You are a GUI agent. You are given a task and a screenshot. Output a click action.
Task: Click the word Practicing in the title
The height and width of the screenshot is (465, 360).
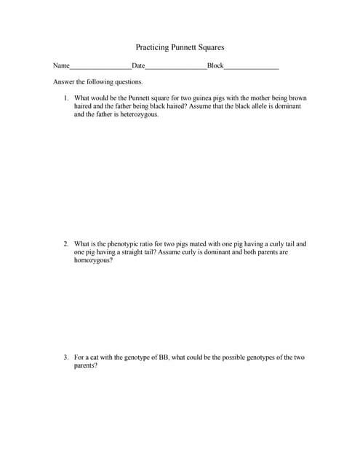(152, 47)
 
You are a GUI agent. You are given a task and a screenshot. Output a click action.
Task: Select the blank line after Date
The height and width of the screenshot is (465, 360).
(176, 67)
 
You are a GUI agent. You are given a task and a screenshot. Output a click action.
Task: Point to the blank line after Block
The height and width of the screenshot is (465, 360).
(251, 67)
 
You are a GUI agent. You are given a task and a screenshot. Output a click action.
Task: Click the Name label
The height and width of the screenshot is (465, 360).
(61, 66)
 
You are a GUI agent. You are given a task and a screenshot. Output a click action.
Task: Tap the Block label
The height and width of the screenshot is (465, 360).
(215, 66)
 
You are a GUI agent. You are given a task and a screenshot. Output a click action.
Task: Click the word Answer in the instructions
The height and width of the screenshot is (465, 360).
(64, 82)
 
